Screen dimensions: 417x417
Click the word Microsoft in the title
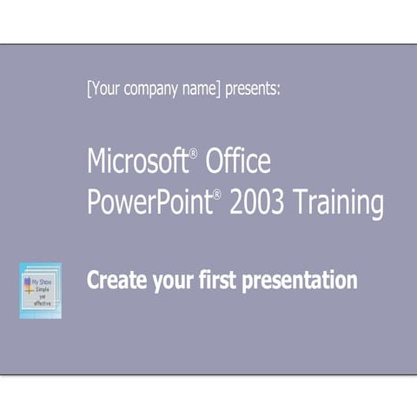(137, 162)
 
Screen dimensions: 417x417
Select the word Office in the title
(237, 162)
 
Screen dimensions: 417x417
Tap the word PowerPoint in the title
(149, 202)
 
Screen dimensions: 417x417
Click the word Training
(339, 203)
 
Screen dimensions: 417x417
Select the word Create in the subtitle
(113, 281)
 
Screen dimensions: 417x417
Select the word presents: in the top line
(253, 89)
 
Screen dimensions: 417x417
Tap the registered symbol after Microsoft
(193, 153)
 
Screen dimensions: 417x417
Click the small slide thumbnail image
(41, 290)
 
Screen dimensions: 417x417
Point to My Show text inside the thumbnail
(41, 281)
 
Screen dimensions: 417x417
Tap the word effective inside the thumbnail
(43, 304)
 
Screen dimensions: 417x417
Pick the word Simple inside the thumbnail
(42, 289)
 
